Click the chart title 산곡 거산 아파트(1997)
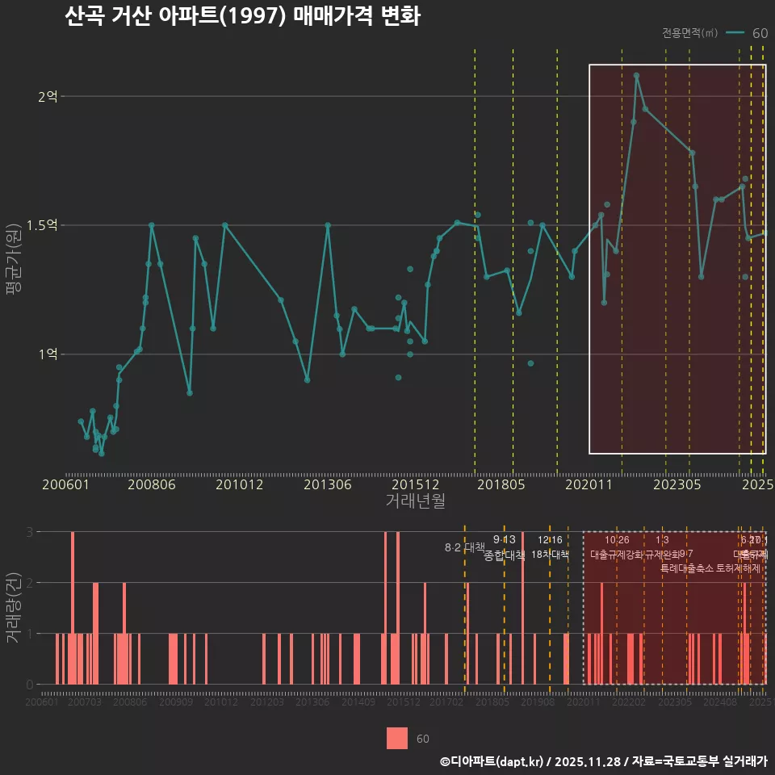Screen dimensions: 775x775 (x=242, y=17)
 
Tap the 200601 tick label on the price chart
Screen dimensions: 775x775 (x=66, y=484)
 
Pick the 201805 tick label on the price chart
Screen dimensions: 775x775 (x=501, y=484)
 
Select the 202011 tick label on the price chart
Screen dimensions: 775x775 (x=589, y=484)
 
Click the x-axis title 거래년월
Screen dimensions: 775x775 (x=415, y=501)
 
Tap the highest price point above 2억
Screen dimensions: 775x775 (x=636, y=75)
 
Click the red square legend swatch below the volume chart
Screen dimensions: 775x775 (x=397, y=738)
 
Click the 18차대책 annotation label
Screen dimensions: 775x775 (x=551, y=555)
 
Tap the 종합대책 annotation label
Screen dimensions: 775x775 (x=505, y=555)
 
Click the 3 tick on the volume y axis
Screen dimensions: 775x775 (x=29, y=532)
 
